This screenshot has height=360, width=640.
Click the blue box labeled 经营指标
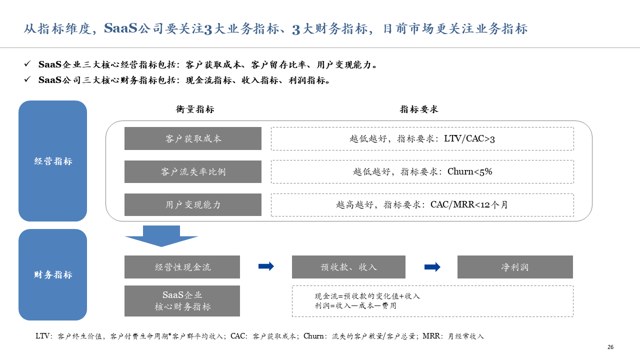pyautogui.click(x=53, y=161)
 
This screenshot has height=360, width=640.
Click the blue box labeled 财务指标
pyautogui.click(x=53, y=274)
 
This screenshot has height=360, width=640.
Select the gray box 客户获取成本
pyautogui.click(x=193, y=138)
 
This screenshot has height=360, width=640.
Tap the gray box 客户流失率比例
pyautogui.click(x=193, y=171)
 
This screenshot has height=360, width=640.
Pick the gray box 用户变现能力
pyautogui.click(x=193, y=204)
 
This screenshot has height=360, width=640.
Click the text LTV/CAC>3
pyautogui.click(x=469, y=139)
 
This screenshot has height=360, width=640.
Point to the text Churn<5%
pyautogui.click(x=469, y=171)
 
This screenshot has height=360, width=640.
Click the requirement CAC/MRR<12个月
pyautogui.click(x=469, y=204)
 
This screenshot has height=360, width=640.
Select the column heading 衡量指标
pyautogui.click(x=195, y=109)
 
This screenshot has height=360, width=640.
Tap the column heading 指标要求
pyautogui.click(x=419, y=109)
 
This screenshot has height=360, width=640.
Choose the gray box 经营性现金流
pyautogui.click(x=182, y=267)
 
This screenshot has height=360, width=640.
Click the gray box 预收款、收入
pyautogui.click(x=348, y=267)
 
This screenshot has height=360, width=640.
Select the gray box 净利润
pyautogui.click(x=515, y=267)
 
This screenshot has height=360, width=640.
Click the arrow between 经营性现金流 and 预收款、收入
pyautogui.click(x=266, y=266)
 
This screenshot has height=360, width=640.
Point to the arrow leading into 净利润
pyautogui.click(x=432, y=267)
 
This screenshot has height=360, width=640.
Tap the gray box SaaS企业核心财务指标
pyautogui.click(x=182, y=301)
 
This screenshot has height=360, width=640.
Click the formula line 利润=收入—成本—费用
pyautogui.click(x=355, y=305)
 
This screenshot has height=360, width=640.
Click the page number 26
pyautogui.click(x=610, y=347)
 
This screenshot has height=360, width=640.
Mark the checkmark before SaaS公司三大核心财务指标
pyautogui.click(x=27, y=79)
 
